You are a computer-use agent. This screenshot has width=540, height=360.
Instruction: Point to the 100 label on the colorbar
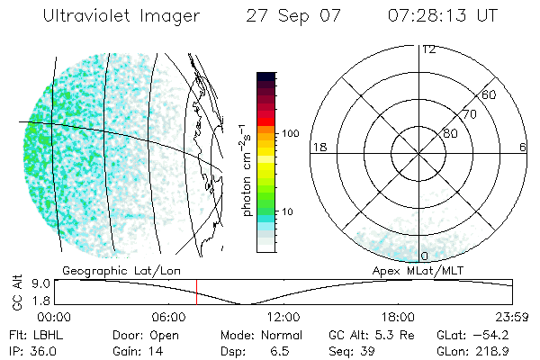pos(290,133)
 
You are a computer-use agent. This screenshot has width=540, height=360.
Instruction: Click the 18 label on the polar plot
pos(318,147)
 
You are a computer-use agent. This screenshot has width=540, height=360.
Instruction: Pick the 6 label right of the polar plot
pos(523,147)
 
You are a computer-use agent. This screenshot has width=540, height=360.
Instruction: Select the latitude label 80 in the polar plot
pos(449,133)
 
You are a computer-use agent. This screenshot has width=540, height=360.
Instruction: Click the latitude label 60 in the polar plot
pos(490,94)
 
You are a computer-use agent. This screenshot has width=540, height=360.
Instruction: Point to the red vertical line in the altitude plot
pos(196,292)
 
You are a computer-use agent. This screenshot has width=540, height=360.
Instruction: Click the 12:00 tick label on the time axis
pos(283,317)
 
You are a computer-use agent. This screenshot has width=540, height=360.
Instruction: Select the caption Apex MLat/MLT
pos(418,270)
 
